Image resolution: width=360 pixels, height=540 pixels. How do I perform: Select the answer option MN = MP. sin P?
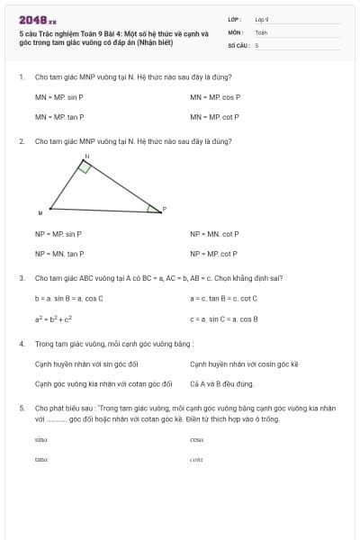(59, 96)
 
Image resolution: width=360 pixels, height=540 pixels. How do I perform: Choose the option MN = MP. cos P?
(215, 96)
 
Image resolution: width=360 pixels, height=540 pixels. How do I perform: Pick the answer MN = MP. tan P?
(59, 117)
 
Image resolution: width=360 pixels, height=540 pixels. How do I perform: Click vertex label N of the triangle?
(87, 157)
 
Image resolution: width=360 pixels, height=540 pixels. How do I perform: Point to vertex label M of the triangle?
(40, 213)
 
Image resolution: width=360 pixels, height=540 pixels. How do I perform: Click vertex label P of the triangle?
(164, 209)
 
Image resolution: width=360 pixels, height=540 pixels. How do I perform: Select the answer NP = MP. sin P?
(58, 234)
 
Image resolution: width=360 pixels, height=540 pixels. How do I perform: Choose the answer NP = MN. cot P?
(214, 234)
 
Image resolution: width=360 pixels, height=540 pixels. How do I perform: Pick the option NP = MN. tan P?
(59, 254)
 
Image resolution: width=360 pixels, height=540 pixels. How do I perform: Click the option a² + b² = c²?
(54, 319)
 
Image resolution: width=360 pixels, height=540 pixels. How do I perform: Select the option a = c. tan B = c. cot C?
(223, 298)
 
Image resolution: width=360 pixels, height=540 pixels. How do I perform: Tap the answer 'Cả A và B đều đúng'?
(221, 384)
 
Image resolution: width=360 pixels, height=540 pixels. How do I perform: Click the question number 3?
(21, 278)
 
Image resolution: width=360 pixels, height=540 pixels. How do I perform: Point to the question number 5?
(21, 408)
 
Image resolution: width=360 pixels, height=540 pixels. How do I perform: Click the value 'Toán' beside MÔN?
(261, 31)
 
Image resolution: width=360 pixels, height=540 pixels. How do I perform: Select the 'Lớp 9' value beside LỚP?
(262, 19)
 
